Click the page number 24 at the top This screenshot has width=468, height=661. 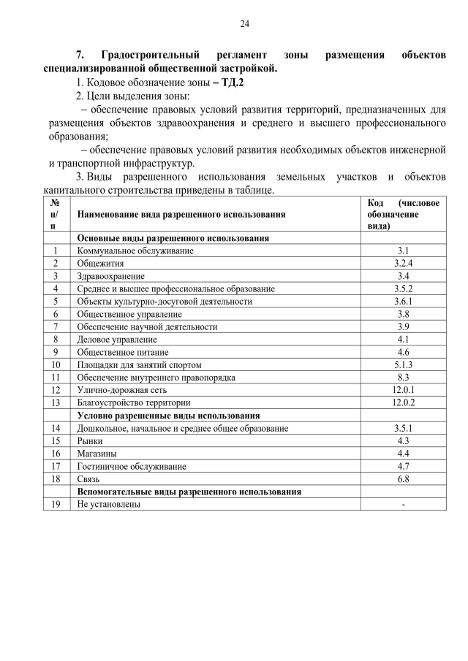pyautogui.click(x=245, y=24)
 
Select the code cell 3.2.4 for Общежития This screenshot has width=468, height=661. pyautogui.click(x=403, y=263)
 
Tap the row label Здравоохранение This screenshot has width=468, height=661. pyautogui.click(x=111, y=276)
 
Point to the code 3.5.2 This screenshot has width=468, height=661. pyautogui.click(x=403, y=289)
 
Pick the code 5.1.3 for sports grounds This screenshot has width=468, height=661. pyautogui.click(x=403, y=364)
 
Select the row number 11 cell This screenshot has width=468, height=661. pyautogui.click(x=56, y=378)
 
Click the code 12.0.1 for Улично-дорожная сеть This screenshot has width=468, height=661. pyautogui.click(x=403, y=390)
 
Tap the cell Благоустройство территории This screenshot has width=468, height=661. pyautogui.click(x=134, y=402)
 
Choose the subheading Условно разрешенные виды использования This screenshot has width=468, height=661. pyautogui.click(x=169, y=415)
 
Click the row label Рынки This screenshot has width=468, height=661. pyautogui.click(x=90, y=441)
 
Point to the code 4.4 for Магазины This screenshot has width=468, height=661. pyautogui.click(x=403, y=454)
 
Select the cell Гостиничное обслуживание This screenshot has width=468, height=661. pyautogui.click(x=132, y=466)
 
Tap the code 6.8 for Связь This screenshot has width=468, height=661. pyautogui.click(x=403, y=479)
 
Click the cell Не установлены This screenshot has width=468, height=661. pyautogui.click(x=109, y=505)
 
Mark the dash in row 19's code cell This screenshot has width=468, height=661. pyautogui.click(x=403, y=505)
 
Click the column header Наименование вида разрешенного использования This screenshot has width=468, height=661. pyautogui.click(x=181, y=215)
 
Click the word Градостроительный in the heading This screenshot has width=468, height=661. pyautogui.click(x=151, y=56)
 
